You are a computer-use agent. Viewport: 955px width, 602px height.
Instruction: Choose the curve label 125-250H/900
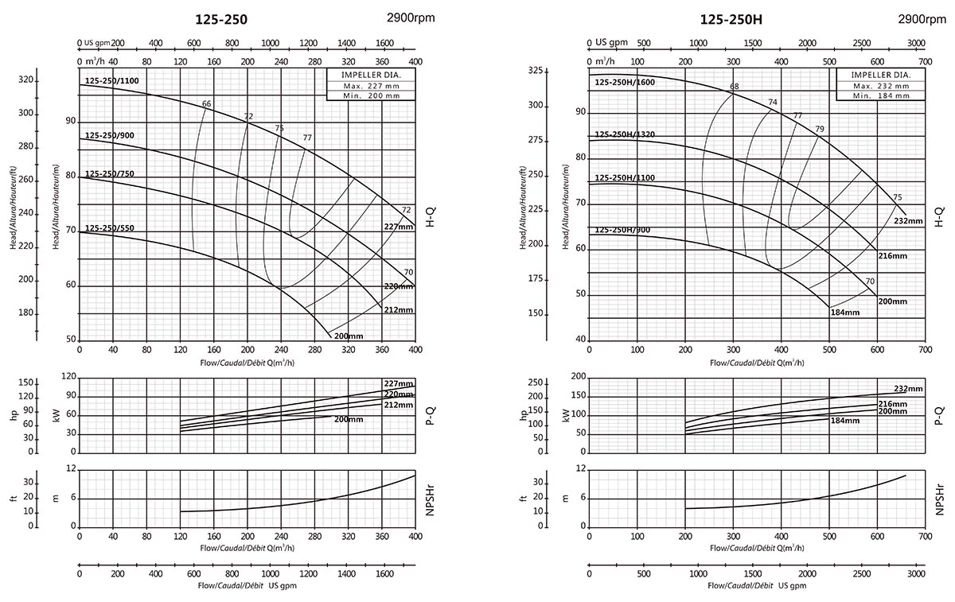pos(622,230)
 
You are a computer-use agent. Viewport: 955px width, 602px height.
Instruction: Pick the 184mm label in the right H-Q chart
pos(845,313)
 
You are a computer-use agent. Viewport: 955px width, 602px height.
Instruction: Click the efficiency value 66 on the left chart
pos(207,104)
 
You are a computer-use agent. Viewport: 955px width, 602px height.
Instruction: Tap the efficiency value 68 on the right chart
pos(734,87)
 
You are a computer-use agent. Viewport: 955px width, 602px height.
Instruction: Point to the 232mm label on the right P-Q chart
pos(908,389)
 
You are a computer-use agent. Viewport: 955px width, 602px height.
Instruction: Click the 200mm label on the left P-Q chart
pos(347,419)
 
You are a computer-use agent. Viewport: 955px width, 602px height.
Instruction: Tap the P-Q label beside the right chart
pos(940,413)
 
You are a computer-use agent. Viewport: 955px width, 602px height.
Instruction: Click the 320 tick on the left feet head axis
pos(26,80)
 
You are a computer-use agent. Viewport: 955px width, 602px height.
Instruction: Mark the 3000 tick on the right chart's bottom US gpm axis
pos(916,573)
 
